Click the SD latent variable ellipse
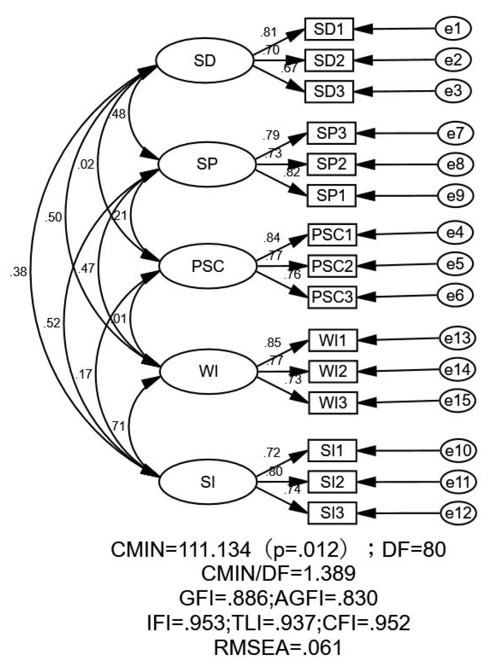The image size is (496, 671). tap(205, 60)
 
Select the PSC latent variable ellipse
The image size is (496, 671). tap(208, 266)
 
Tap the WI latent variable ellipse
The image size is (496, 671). tap(209, 371)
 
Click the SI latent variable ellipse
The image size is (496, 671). tap(208, 482)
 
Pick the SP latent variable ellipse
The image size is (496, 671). tap(207, 164)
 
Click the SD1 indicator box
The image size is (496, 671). tap(329, 29)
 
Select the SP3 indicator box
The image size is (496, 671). tap(331, 133)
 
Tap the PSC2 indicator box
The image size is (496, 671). tap(332, 266)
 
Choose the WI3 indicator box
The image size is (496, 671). tap(333, 402)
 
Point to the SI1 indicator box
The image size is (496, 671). tap(332, 451)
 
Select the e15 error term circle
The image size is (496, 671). tap(457, 401)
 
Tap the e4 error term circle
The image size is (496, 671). tap(455, 233)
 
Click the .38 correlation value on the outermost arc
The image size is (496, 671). tap(18, 272)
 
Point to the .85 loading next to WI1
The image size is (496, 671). tap(272, 343)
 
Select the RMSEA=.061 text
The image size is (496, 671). tap(278, 648)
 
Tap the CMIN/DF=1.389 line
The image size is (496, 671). tap(278, 573)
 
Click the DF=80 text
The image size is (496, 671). tap(414, 550)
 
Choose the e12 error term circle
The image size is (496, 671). tap(458, 513)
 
